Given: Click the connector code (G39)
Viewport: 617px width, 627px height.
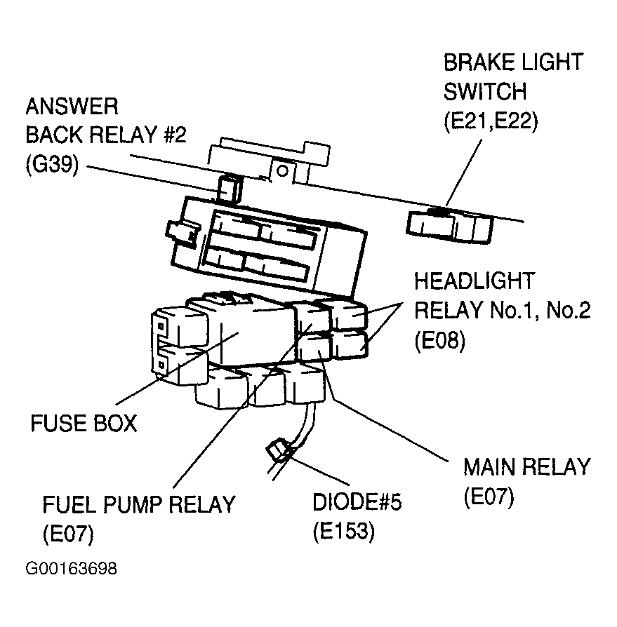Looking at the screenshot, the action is coord(52,164).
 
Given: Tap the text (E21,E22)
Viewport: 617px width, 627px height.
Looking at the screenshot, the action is coord(491,121).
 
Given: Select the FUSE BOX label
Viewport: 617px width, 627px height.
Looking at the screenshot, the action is coord(84,423).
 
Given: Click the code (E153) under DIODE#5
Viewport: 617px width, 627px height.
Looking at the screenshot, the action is coord(344,531).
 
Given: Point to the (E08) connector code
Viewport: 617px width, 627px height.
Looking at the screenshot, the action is coord(439,341).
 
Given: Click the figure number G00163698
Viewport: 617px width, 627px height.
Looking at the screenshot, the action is coord(71,568).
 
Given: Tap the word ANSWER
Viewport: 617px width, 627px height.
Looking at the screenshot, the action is coord(72,107).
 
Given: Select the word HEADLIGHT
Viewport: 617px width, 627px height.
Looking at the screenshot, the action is coord(475,281).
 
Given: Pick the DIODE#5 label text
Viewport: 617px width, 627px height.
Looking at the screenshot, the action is coord(357,502).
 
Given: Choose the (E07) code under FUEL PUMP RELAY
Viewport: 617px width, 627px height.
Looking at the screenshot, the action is coord(68,534).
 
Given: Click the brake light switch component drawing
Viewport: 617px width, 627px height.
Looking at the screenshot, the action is coord(449,227).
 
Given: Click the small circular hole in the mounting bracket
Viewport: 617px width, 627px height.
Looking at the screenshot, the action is coord(282,170).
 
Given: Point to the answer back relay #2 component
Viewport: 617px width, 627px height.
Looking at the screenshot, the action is coord(230,188).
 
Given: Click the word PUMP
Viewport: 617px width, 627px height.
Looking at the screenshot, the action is coord(132,505).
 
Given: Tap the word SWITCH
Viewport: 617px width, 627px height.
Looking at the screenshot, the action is coord(485,92).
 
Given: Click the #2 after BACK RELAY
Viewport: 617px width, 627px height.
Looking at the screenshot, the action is coord(175,135).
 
